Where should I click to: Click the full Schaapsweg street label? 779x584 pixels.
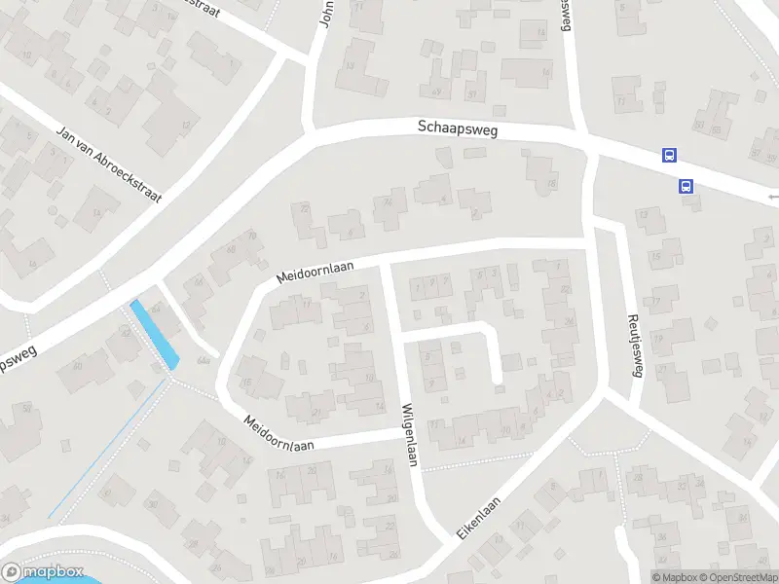pyautogui.click(x=457, y=128)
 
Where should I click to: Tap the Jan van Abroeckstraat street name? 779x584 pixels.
pyautogui.click(x=108, y=163)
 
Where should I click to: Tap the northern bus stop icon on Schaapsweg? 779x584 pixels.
pyautogui.click(x=669, y=155)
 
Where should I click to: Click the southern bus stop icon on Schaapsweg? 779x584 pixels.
pyautogui.click(x=686, y=186)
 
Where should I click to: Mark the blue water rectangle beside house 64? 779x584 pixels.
pyautogui.click(x=155, y=334)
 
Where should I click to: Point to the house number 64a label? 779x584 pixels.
pyautogui.click(x=204, y=360)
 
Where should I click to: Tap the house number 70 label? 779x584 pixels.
pyautogui.click(x=252, y=236)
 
